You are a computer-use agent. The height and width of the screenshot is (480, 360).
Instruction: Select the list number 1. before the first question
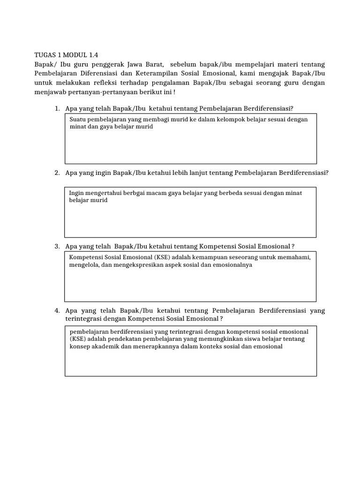[x=57, y=108]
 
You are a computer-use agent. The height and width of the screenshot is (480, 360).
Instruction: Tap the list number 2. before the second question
[x=57, y=172]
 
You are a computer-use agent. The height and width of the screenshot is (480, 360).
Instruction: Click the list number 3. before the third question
[x=57, y=246]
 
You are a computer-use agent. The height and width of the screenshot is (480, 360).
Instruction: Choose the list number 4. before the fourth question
[x=57, y=310]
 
